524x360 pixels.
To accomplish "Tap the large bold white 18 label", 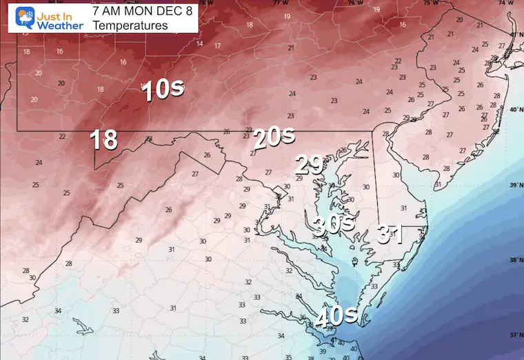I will (x=104, y=140).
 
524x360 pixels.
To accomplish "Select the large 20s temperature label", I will (x=274, y=138).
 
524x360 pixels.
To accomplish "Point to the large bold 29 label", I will (x=310, y=165).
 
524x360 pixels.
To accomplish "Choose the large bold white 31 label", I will (x=390, y=234).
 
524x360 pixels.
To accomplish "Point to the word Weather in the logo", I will (x=60, y=25).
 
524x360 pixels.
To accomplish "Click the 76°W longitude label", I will (x=354, y=3).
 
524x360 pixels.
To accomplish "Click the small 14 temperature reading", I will (x=199, y=43).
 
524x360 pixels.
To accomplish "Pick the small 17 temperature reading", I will (x=217, y=46).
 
